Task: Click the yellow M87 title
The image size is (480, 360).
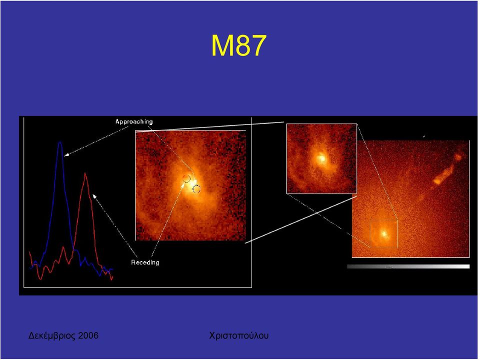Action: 239,45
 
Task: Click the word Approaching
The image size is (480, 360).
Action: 134,122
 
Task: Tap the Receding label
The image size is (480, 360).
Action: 145,262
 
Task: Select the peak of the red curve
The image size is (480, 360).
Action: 85,173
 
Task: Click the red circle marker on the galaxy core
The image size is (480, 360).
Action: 186,179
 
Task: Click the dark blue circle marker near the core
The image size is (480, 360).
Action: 196,189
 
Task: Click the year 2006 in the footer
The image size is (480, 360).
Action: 88,335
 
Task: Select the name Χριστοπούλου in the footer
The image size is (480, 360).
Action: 239,336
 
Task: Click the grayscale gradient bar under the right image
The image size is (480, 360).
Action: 408,266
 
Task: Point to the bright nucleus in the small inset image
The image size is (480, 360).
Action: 321,158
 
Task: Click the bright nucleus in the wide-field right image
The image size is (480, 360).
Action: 384,233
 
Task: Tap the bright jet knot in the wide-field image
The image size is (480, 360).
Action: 437,181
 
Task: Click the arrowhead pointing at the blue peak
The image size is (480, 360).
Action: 66,155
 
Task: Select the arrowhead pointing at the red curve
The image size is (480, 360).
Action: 94,196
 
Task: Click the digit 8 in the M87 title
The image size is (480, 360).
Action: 242,45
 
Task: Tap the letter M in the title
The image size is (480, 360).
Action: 223,45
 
